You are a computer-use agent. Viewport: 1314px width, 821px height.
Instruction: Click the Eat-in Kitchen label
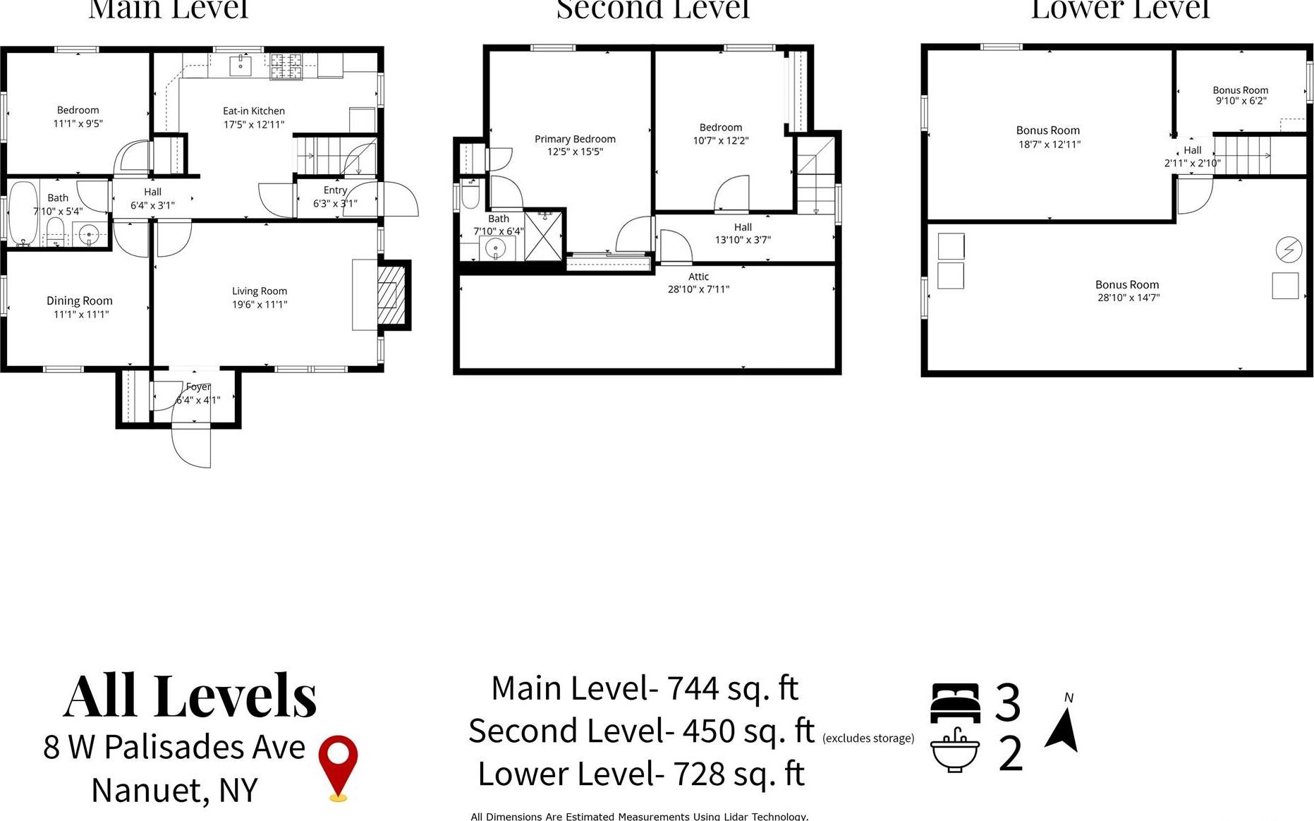pos(254,111)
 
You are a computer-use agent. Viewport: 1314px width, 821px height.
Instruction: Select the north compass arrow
pos(1063,730)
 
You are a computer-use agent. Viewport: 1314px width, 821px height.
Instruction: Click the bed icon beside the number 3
pos(955,703)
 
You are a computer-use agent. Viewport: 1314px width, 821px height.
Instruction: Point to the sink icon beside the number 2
pos(954,750)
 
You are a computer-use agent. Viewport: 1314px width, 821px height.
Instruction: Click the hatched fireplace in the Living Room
pos(391,294)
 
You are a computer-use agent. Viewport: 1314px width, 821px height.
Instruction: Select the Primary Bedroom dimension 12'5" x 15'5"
pos(575,152)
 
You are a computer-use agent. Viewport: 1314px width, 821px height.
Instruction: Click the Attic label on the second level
pos(698,276)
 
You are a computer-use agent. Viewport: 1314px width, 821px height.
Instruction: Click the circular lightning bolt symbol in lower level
pos(1289,249)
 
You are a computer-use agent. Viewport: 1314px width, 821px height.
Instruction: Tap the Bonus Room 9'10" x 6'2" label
pos(1240,95)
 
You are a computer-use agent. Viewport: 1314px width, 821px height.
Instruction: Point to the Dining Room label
pos(80,300)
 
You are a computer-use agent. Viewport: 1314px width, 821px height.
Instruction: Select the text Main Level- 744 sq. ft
pos(644,688)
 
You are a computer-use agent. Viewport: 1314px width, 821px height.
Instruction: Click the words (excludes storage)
pos(868,738)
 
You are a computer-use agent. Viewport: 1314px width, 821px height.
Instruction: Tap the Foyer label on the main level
pos(197,387)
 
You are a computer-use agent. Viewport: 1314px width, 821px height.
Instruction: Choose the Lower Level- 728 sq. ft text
pos(640,774)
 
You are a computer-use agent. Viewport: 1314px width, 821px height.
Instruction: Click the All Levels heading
pos(190,696)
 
